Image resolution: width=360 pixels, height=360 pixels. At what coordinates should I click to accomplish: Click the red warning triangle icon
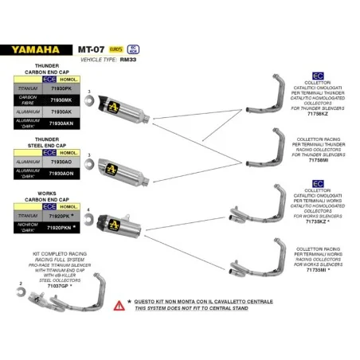pos(119,305)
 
